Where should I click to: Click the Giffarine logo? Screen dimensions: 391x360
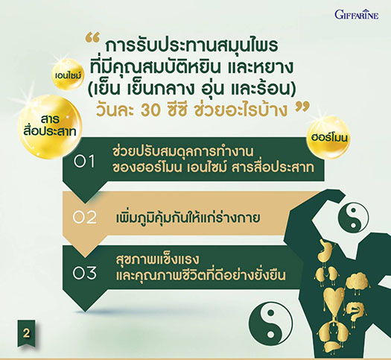(357, 14)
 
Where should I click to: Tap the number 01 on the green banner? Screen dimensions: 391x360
(84, 162)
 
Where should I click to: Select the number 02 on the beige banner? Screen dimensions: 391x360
(85, 218)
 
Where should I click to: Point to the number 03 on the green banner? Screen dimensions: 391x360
(85, 273)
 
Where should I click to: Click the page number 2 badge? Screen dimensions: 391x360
(26, 334)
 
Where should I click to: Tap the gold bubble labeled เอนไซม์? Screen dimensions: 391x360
(68, 74)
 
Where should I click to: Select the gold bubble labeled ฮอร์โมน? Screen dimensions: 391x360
(328, 138)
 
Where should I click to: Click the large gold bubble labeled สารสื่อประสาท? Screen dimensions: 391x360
(50, 127)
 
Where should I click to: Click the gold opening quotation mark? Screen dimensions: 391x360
(92, 38)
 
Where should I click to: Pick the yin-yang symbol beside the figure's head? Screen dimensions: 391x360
(353, 217)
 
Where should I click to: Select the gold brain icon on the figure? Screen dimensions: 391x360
(357, 281)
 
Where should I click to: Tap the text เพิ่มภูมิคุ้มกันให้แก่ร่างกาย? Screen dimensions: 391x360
(188, 217)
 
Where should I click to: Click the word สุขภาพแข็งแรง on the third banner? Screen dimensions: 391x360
(157, 259)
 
